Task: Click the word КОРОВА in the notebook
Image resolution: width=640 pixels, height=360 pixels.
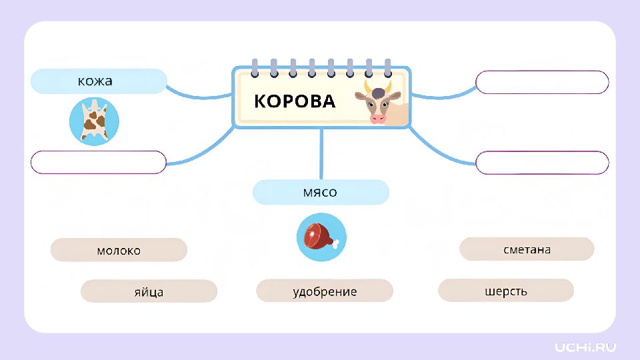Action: point(294,101)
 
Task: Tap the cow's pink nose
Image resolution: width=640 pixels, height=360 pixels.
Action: point(377,119)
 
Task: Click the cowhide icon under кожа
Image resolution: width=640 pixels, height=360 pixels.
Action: point(94,121)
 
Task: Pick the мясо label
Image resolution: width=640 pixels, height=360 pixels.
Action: point(321,192)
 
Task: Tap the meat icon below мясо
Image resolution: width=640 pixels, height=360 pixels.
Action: point(321,237)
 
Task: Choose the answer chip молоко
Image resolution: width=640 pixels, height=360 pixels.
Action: point(119,250)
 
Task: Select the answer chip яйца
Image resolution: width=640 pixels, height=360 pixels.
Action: point(149,291)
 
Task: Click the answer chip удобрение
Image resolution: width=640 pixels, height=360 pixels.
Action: point(325,291)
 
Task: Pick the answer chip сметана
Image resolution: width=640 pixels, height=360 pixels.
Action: point(527,249)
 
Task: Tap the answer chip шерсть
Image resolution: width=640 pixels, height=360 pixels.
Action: point(506,290)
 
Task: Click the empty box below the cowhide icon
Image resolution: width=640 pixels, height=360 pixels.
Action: point(99,163)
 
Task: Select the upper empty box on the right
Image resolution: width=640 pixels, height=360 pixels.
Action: point(542,82)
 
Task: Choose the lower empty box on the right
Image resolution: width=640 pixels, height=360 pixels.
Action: point(542,163)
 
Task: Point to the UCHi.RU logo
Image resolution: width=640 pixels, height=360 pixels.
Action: point(585,347)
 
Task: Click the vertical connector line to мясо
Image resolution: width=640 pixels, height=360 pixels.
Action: point(321,154)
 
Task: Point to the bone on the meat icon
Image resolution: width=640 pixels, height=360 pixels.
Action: point(335,244)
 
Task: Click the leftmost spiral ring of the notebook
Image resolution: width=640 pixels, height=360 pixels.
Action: point(255,68)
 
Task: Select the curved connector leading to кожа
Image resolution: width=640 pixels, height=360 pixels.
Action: point(199,96)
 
